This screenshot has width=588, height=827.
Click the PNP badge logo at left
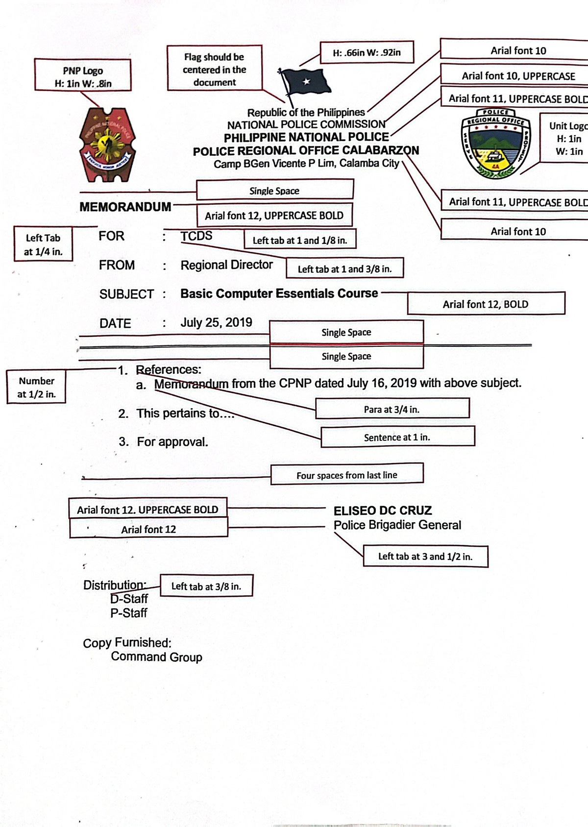click(107, 144)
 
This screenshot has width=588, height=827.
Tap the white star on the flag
click(306, 81)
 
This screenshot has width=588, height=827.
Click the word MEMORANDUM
click(125, 207)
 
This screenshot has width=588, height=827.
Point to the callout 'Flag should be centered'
click(215, 69)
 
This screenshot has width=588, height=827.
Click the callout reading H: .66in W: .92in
click(367, 53)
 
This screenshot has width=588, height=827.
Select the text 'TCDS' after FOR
click(196, 236)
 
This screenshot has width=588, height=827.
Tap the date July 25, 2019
click(216, 322)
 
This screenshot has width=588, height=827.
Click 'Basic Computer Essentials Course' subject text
click(279, 293)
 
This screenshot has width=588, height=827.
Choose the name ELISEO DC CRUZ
click(383, 511)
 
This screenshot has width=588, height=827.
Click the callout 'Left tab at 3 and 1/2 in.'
click(425, 557)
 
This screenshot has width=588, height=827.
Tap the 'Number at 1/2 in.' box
click(37, 387)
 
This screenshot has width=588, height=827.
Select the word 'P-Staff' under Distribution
click(129, 613)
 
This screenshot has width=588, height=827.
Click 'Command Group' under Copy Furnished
click(156, 657)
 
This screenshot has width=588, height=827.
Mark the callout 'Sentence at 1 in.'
click(397, 437)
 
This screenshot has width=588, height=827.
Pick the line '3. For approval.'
click(164, 442)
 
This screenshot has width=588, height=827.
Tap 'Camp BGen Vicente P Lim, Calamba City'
click(306, 164)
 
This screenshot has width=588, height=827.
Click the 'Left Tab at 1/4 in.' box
click(43, 244)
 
